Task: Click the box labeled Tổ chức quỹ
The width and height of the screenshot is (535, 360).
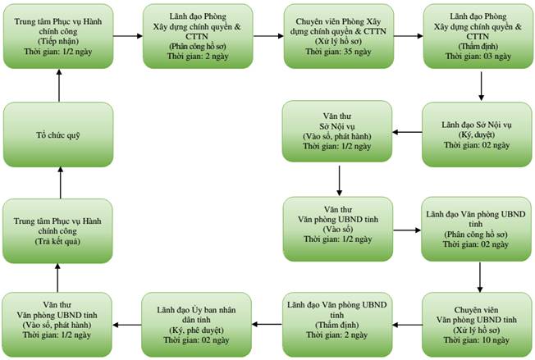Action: coord(58,134)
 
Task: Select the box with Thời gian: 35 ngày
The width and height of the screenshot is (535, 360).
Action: coord(339,36)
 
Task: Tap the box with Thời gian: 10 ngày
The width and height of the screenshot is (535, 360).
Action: coord(477,325)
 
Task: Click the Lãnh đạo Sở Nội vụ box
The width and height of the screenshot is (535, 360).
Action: coord(477,134)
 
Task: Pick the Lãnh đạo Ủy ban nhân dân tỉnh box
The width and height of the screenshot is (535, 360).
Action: coord(197,325)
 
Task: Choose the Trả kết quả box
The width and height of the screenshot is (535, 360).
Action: coord(57,230)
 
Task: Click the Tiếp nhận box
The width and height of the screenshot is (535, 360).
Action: coord(58,36)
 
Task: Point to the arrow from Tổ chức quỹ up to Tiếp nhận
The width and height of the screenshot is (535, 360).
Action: coord(59,85)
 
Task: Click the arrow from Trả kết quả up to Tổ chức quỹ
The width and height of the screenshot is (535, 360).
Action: coord(61,183)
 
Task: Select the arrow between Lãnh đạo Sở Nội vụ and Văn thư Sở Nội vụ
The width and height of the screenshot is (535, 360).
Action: coord(407,132)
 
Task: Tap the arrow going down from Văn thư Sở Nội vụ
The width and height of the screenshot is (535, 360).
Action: coord(339,180)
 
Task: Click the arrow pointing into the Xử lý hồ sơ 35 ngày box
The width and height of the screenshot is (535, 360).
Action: coord(269,36)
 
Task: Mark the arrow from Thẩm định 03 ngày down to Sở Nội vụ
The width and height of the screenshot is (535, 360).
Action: coord(481,86)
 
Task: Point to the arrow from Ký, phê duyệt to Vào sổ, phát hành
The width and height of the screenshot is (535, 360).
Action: coord(127,325)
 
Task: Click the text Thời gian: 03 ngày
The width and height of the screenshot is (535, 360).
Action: coord(478,57)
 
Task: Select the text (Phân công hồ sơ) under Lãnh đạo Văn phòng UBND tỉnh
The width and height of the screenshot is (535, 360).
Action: coord(476,235)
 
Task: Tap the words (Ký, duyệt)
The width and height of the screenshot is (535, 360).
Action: coord(477,135)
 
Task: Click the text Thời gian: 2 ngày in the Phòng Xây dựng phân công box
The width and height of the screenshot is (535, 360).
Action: coord(198,57)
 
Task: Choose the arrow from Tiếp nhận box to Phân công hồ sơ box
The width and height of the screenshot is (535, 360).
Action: coord(128,36)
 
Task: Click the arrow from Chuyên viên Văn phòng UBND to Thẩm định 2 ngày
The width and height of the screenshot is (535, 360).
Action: coord(407,325)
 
